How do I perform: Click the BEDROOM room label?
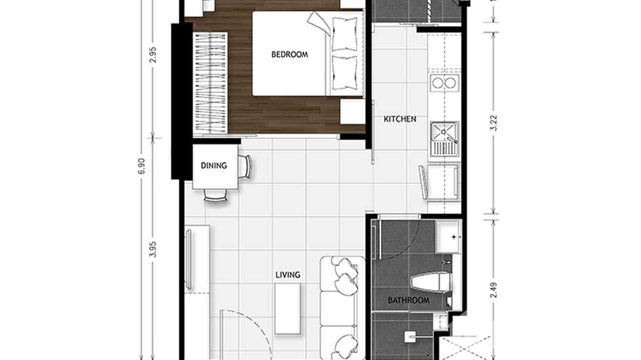point(289,54)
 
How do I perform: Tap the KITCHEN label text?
point(400,119)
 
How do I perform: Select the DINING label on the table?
point(214,166)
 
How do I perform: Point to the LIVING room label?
point(288,275)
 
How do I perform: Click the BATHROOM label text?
point(408,301)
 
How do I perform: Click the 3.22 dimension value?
point(494,123)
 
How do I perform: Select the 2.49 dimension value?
point(494,291)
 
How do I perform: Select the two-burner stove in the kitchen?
point(445,83)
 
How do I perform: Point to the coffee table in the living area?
point(288,308)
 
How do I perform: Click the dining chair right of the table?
point(246,167)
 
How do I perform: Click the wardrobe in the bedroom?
point(210,82)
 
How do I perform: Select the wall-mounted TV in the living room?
point(189,259)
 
